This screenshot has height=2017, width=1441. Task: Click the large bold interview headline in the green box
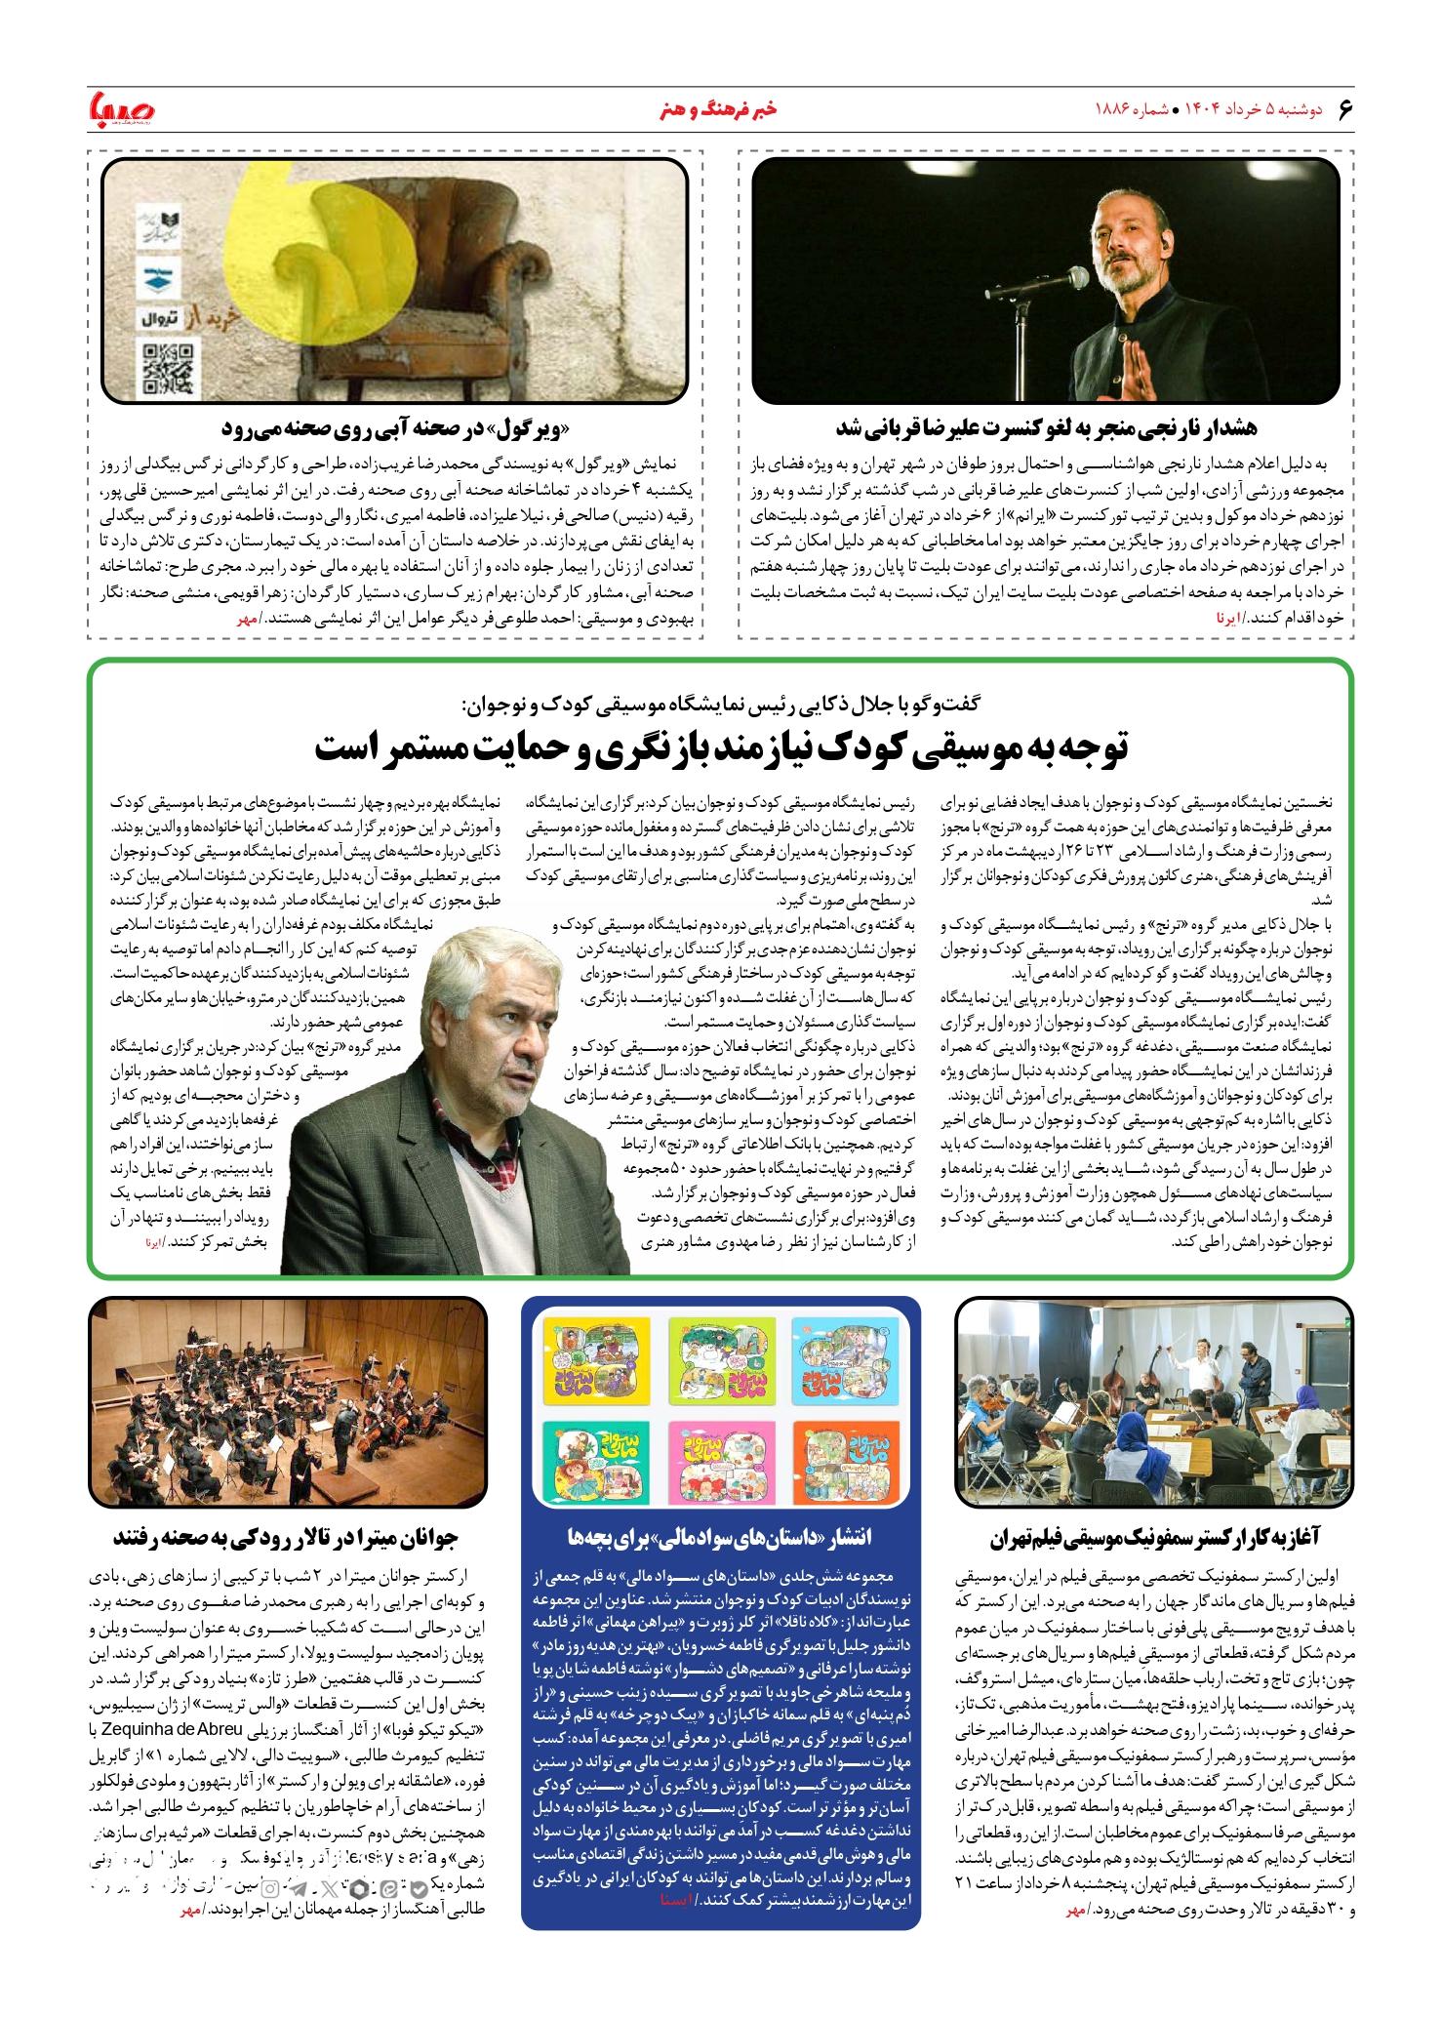[x=720, y=747]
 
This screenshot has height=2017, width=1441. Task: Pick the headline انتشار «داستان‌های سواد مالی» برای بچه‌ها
[x=720, y=1538]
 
